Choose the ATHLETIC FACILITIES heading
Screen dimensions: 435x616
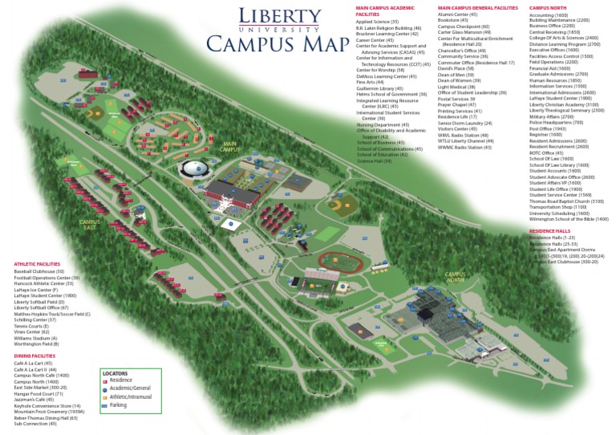point(37,264)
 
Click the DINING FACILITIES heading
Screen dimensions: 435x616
point(34,356)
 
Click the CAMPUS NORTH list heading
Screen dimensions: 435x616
point(548,8)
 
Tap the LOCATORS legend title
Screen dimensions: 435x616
point(115,374)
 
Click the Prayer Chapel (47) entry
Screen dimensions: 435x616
point(457,105)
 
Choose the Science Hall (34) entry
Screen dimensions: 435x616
point(375,161)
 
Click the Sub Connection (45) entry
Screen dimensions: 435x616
point(37,424)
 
